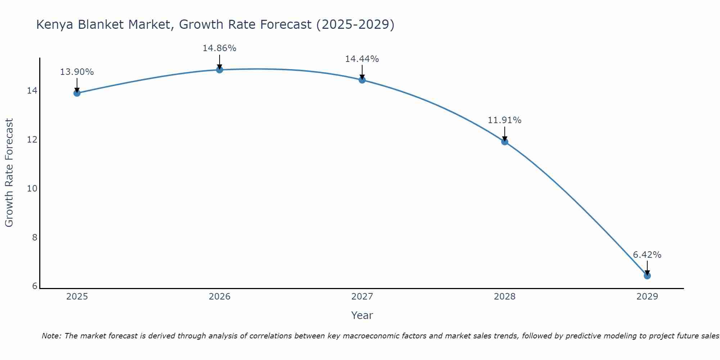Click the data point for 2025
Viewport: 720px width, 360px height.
[x=77, y=93]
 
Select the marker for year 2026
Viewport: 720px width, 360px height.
[x=220, y=69]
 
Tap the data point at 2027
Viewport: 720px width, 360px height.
[x=362, y=80]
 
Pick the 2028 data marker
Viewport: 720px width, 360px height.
[x=505, y=141]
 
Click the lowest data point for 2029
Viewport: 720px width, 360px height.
[x=647, y=276]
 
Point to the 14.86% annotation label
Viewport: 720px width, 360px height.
[x=219, y=48]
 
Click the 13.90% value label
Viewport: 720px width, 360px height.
[x=77, y=72]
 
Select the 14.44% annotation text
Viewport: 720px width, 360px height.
[x=362, y=59]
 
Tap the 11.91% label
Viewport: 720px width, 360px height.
[x=504, y=120]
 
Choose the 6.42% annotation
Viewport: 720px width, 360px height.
[x=647, y=255]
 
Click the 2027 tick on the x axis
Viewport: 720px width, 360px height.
[x=362, y=297]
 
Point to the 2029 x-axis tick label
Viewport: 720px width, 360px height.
[x=647, y=297]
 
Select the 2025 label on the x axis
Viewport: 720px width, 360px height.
[x=77, y=297]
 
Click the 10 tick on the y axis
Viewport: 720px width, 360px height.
[x=32, y=188]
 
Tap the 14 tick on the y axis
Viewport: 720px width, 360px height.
[x=32, y=91]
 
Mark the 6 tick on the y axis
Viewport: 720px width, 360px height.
[x=35, y=286]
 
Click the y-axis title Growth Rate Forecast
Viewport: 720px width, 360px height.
[x=9, y=173]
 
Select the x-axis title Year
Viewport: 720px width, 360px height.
[x=362, y=315]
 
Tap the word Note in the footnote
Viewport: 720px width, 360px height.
[x=51, y=336]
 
